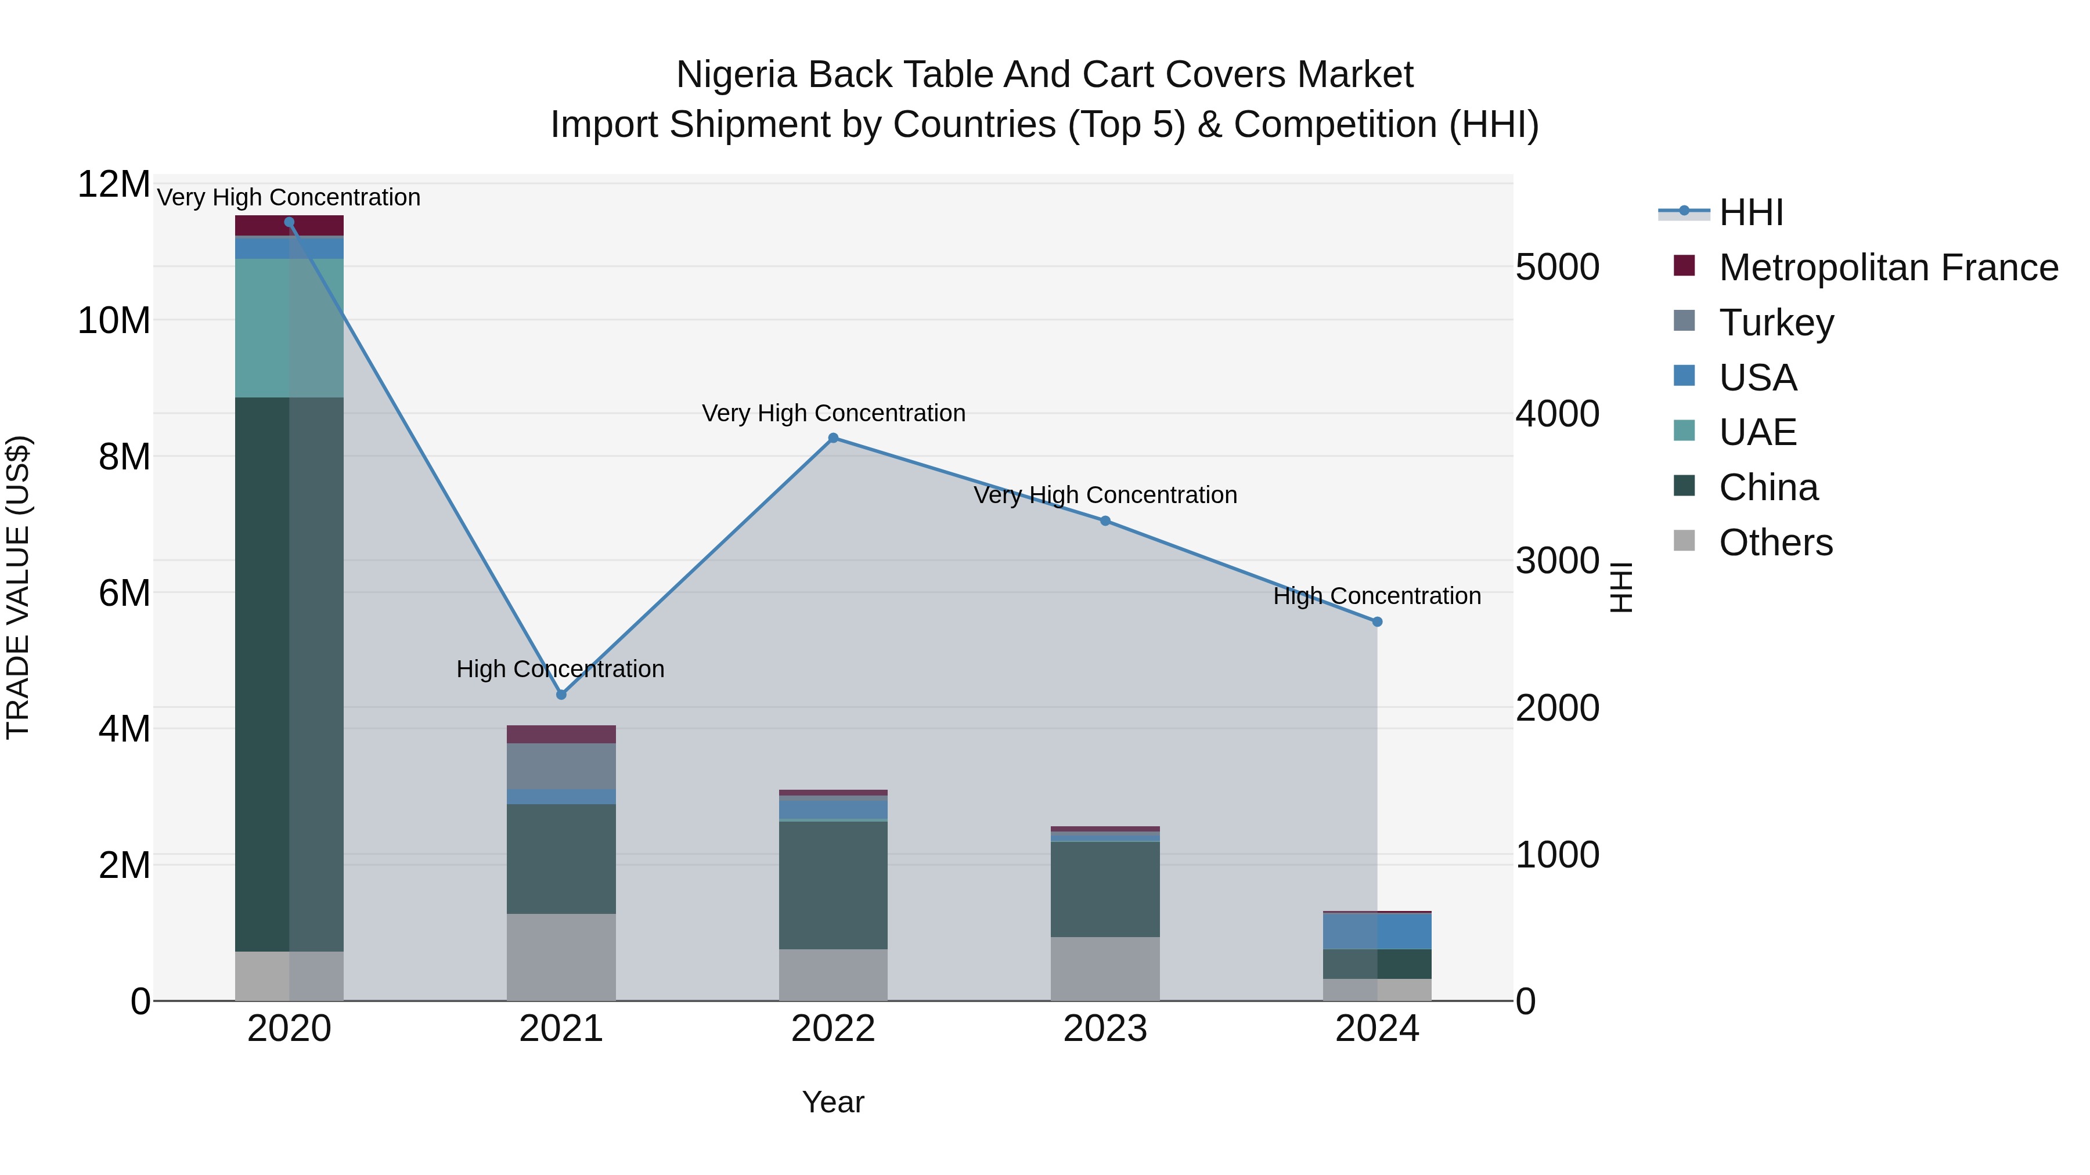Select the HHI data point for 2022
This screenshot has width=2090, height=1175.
(833, 438)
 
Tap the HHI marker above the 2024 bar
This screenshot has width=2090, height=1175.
(1377, 622)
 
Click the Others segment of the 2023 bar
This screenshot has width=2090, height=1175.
(1105, 968)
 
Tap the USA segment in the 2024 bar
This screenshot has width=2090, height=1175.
(1377, 931)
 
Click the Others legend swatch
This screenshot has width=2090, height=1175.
(1684, 541)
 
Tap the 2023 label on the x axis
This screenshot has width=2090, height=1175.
(1105, 1029)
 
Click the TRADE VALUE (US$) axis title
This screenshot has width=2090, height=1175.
(19, 587)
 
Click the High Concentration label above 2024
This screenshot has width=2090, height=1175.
(1377, 596)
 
